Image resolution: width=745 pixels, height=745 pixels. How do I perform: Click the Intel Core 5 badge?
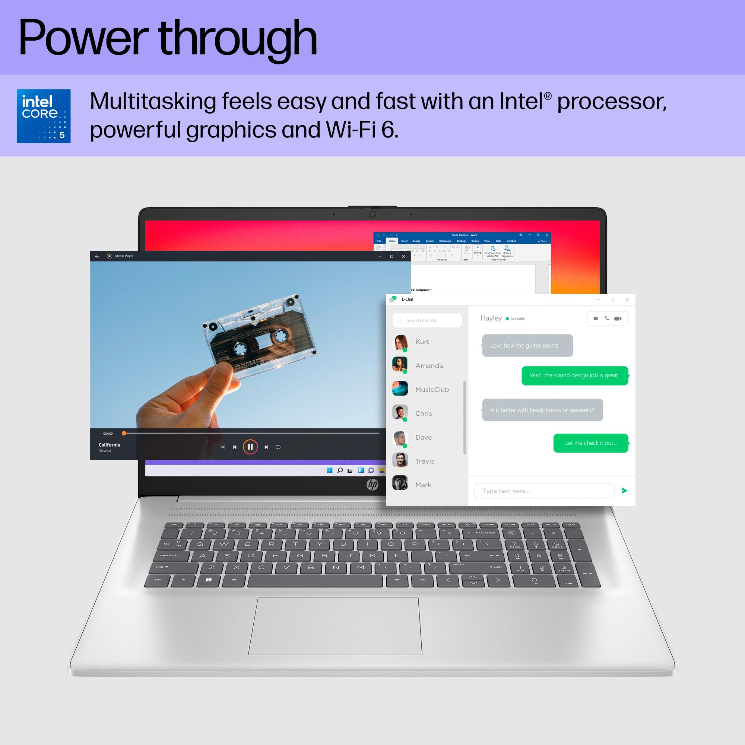pyautogui.click(x=44, y=116)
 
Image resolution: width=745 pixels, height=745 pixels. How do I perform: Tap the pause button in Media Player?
pyautogui.click(x=250, y=447)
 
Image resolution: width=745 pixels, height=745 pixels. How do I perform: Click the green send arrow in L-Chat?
pyautogui.click(x=624, y=491)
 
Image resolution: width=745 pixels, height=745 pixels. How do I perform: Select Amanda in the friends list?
pyautogui.click(x=429, y=365)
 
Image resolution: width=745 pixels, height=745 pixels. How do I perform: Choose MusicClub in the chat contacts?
pyautogui.click(x=432, y=390)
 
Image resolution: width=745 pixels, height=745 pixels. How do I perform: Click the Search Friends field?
pyautogui.click(x=427, y=320)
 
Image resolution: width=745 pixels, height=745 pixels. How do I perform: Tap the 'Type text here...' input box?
pyautogui.click(x=544, y=491)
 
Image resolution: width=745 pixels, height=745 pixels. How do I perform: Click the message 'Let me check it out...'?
pyautogui.click(x=591, y=443)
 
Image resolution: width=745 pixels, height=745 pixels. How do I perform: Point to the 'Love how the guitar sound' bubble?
pyautogui.click(x=527, y=346)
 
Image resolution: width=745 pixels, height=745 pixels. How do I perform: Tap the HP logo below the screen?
pyautogui.click(x=372, y=485)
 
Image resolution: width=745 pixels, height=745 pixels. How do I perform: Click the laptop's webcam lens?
pyautogui.click(x=372, y=214)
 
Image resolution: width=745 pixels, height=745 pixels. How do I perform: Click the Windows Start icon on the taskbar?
pyautogui.click(x=329, y=470)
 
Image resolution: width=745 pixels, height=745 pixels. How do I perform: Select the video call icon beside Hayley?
pyautogui.click(x=618, y=318)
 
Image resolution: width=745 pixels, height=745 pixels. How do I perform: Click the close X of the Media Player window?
pyautogui.click(x=403, y=256)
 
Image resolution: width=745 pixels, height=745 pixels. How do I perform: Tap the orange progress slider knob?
pyautogui.click(x=124, y=434)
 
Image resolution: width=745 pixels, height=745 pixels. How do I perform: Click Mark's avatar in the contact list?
pyautogui.click(x=400, y=483)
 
